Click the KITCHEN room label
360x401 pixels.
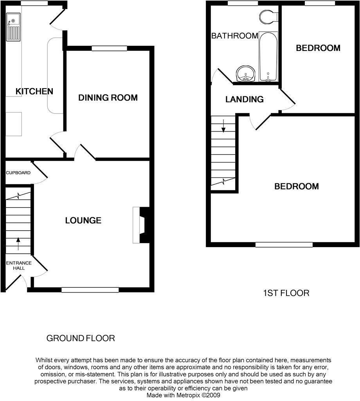click(x=34, y=91)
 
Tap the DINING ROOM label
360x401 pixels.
click(x=108, y=98)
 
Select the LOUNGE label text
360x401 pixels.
click(x=83, y=220)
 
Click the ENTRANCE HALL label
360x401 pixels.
click(x=18, y=266)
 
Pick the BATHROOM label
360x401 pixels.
click(x=234, y=36)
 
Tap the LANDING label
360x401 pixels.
click(x=244, y=99)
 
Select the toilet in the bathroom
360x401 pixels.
click(x=268, y=16)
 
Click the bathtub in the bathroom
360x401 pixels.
click(x=268, y=56)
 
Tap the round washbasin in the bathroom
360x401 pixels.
click(x=246, y=73)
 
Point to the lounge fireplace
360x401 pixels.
click(x=141, y=225)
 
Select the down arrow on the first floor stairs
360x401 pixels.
click(x=223, y=126)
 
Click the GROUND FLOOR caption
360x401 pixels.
click(x=81, y=338)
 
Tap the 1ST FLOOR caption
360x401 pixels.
click(x=286, y=293)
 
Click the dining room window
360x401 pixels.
click(x=109, y=49)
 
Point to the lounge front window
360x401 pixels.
click(x=90, y=290)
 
